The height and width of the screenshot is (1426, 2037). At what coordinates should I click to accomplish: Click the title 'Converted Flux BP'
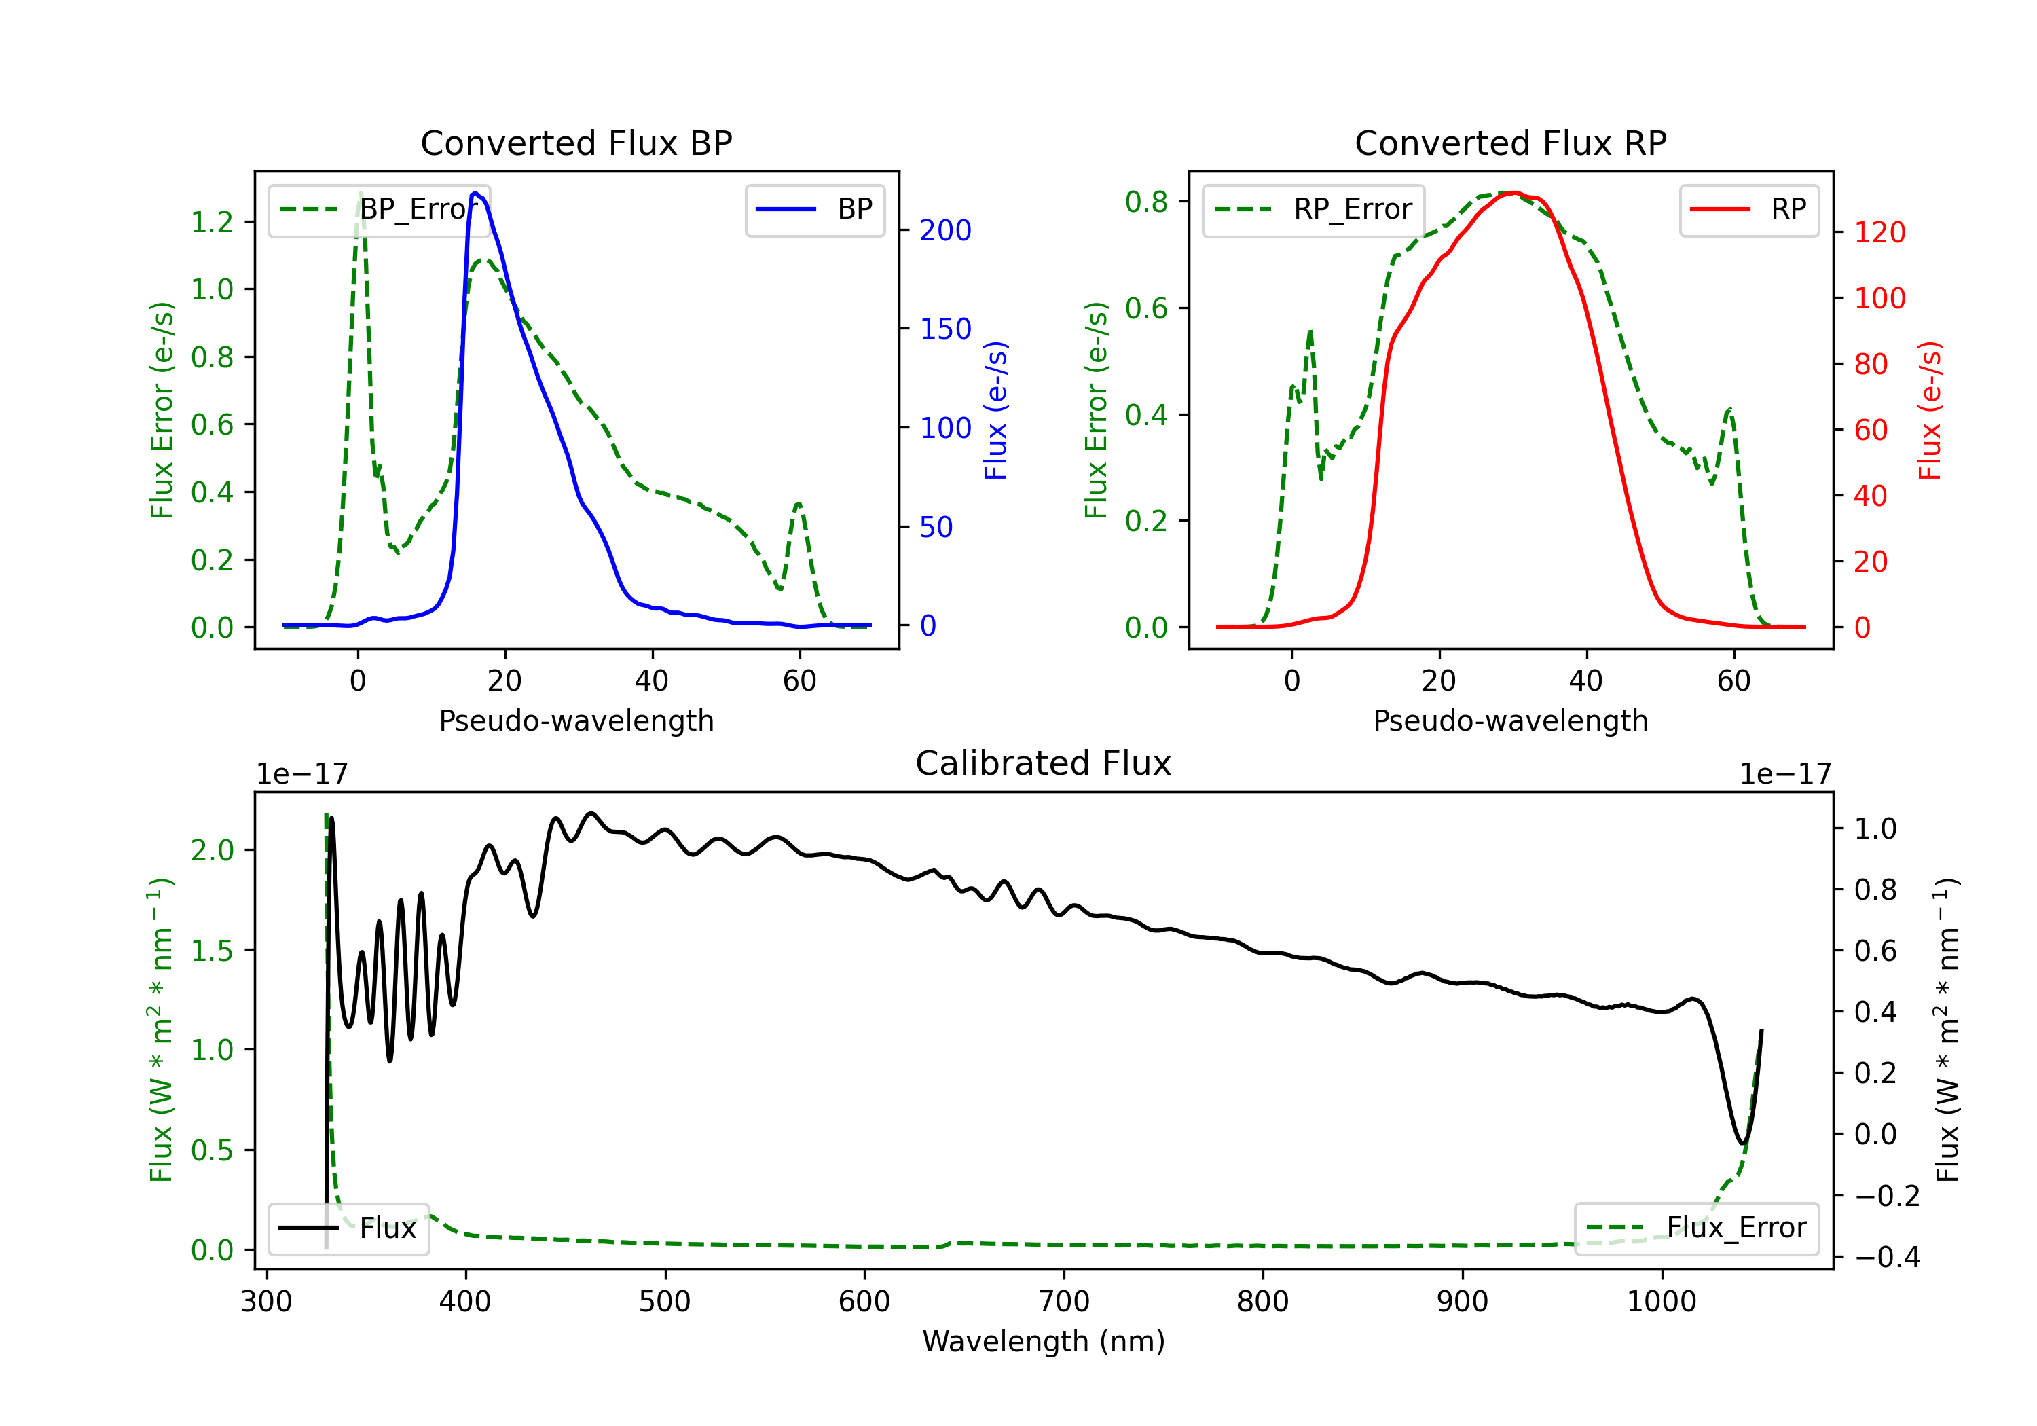click(576, 143)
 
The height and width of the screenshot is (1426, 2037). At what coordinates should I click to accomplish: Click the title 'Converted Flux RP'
click(1511, 143)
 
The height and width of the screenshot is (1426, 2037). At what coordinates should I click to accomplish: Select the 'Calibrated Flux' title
click(1044, 763)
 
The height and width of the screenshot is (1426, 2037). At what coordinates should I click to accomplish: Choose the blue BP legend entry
click(814, 209)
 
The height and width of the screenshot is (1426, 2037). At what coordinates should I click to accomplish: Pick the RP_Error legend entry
click(1313, 209)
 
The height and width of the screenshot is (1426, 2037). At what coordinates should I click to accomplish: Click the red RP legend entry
click(1748, 209)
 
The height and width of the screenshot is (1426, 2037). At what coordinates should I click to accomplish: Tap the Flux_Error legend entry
click(1696, 1228)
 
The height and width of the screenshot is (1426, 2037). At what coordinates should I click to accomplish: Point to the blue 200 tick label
click(946, 231)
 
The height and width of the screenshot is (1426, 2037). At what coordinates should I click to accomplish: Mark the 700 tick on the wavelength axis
click(1064, 1302)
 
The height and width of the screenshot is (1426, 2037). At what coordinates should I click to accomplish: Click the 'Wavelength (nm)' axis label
click(1044, 1342)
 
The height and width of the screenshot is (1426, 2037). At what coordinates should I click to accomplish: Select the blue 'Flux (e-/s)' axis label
click(995, 410)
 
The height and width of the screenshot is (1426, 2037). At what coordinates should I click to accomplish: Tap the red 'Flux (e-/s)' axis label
click(1930, 410)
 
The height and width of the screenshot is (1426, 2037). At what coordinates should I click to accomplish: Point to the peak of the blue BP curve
click(475, 193)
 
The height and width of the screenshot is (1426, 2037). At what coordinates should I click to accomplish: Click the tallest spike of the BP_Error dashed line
click(360, 193)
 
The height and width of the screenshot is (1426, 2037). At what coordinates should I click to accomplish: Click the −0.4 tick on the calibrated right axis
click(1887, 1258)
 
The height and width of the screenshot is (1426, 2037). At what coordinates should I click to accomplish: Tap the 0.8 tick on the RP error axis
click(1146, 202)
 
